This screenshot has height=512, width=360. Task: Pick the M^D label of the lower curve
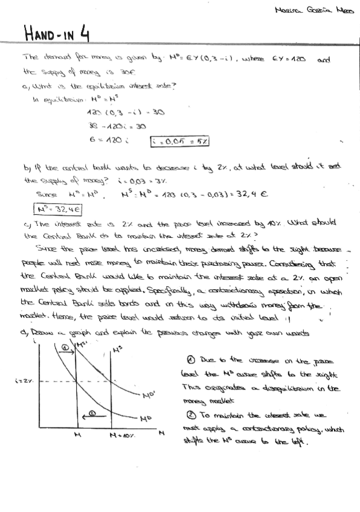145,418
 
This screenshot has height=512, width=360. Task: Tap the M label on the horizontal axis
78,435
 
